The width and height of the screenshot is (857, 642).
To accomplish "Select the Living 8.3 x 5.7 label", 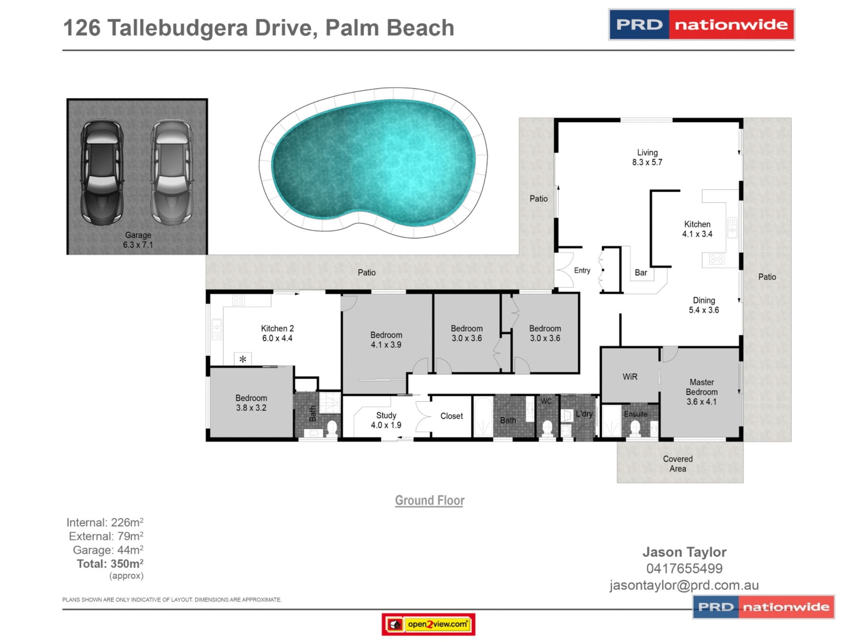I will pyautogui.click(x=647, y=157).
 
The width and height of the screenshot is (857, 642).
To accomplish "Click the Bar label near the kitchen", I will pyautogui.click(x=641, y=273).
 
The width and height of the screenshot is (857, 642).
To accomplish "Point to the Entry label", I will pyautogui.click(x=582, y=270).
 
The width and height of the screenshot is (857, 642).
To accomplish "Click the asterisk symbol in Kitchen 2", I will pyautogui.click(x=243, y=359).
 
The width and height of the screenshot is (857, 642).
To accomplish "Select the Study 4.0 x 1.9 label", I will pyautogui.click(x=386, y=420).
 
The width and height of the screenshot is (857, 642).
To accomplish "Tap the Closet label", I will pyautogui.click(x=451, y=416).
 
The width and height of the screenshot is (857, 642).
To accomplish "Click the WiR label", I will pyautogui.click(x=629, y=377).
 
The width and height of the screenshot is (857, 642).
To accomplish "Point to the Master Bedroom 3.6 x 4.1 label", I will pyautogui.click(x=701, y=392).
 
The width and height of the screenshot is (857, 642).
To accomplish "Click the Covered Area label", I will pyautogui.click(x=678, y=464).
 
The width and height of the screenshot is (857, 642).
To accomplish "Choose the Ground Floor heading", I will pyautogui.click(x=429, y=501).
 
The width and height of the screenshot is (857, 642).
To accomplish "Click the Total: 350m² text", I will pyautogui.click(x=110, y=564).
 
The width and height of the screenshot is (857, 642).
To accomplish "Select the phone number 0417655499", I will pyautogui.click(x=684, y=568).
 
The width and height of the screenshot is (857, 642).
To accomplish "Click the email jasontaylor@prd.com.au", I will pyautogui.click(x=684, y=585).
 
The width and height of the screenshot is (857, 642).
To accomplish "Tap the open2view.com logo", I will pyautogui.click(x=428, y=624).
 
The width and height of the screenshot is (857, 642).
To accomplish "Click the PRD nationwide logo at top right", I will pyautogui.click(x=701, y=25).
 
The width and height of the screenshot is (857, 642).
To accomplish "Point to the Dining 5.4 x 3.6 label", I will pyautogui.click(x=703, y=305).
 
